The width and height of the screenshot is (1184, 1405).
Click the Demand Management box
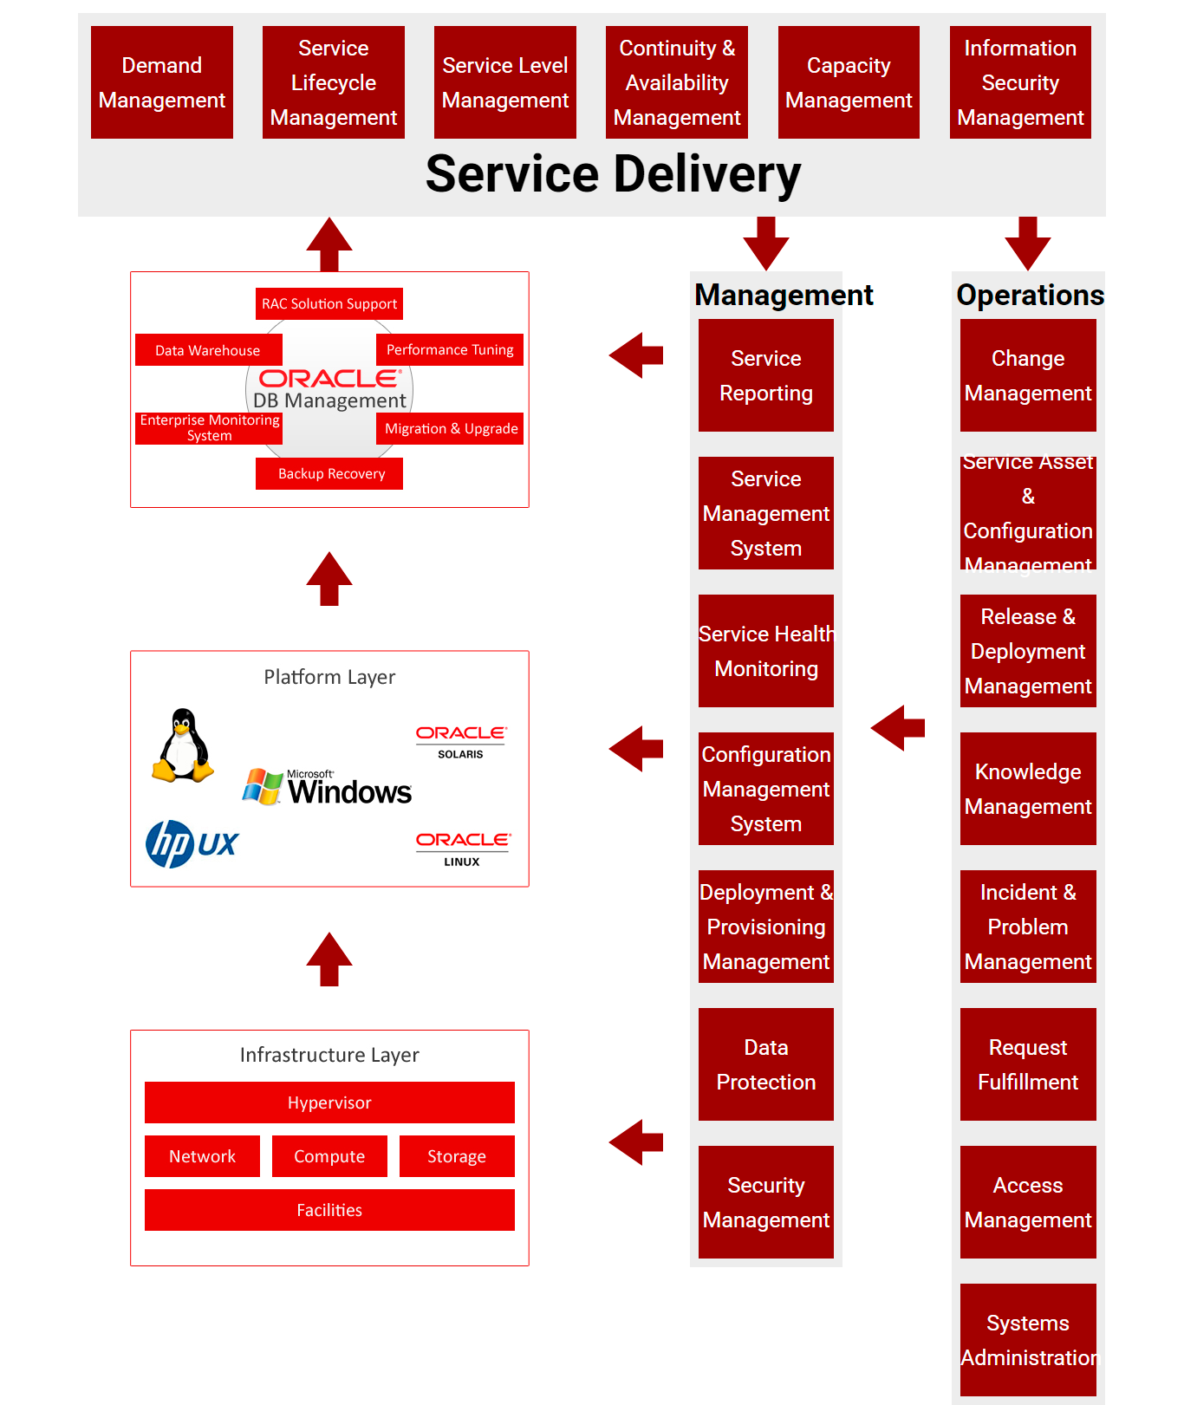(x=162, y=82)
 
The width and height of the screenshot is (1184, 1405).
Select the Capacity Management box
(x=849, y=82)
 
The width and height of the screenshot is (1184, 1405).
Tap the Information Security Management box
(x=1020, y=82)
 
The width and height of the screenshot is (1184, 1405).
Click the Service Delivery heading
(x=613, y=174)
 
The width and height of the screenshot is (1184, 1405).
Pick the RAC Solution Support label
(x=329, y=304)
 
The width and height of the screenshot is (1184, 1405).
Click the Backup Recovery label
(x=329, y=474)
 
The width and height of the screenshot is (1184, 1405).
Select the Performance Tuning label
(x=450, y=350)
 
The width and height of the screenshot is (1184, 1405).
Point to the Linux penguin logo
(x=183, y=745)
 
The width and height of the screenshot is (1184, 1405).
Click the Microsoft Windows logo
(x=328, y=787)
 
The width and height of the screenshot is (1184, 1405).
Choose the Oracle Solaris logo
(x=461, y=742)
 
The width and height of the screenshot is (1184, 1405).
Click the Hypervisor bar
(x=329, y=1103)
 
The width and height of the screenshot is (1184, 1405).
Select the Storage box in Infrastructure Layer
(x=457, y=1156)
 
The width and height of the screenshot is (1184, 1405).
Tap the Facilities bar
(x=329, y=1210)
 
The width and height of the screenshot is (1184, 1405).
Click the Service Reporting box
(x=766, y=375)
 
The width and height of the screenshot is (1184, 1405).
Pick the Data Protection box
(x=766, y=1064)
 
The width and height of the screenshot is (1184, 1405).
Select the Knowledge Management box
(x=1028, y=789)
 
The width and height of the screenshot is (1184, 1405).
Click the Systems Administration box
(x=1028, y=1340)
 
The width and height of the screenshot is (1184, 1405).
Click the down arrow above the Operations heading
(x=1028, y=244)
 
